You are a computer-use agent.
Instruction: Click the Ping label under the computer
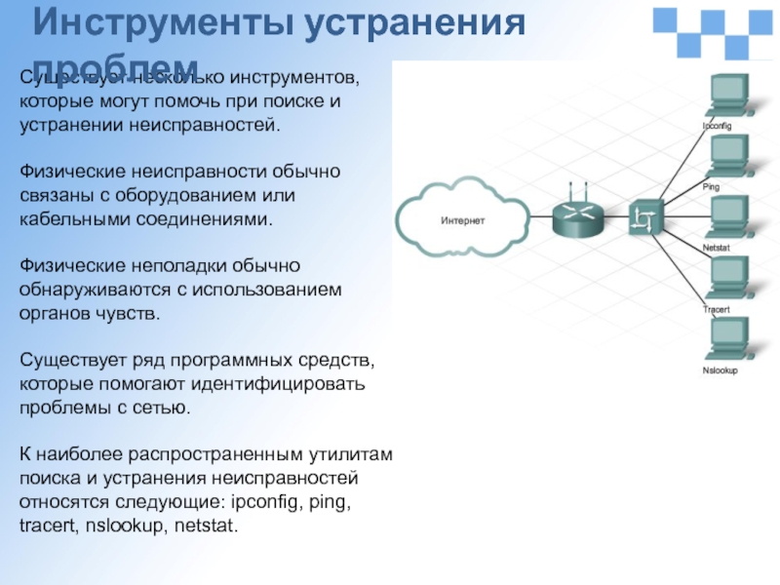pos(711,185)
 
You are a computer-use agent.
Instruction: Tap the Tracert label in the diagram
pos(716,309)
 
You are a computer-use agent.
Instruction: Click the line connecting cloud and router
pos(532,220)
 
